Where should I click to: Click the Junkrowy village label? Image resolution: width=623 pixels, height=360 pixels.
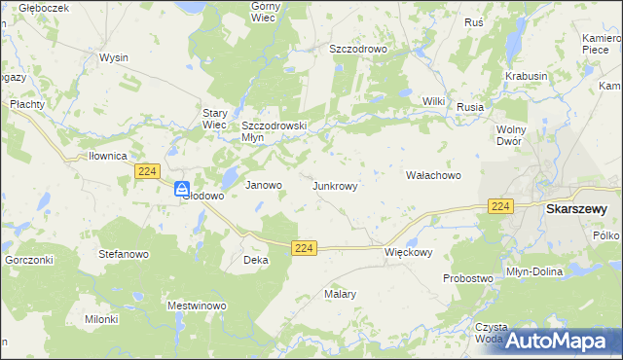pos(340,185)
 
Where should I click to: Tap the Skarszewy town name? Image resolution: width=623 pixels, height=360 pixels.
pos(576,208)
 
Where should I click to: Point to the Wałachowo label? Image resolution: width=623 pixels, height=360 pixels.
pos(432,175)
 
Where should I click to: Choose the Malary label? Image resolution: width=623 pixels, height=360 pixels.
pos(340,293)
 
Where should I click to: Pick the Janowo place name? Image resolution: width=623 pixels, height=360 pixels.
pos(263,185)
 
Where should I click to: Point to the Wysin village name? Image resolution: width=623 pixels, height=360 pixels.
pos(114,57)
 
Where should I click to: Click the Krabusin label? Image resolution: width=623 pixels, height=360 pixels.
pos(526,76)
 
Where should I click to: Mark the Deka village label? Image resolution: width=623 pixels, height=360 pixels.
pos(255,261)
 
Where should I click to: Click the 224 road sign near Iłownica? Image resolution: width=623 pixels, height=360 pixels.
pos(147,171)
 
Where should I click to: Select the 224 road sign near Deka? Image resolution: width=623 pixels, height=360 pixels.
pos(304,249)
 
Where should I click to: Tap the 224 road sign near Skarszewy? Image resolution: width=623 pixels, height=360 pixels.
pos(500,206)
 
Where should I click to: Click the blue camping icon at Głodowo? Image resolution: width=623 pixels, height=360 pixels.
pos(182,190)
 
